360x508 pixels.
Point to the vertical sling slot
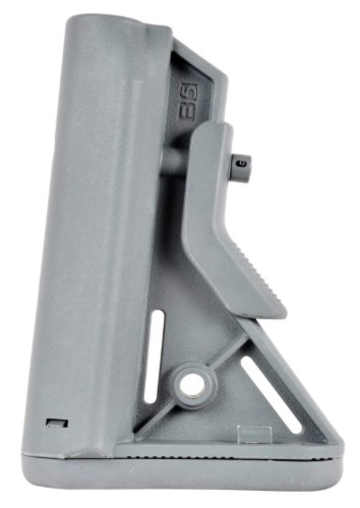(x=155, y=356)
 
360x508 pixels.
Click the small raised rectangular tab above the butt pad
(x=254, y=434)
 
